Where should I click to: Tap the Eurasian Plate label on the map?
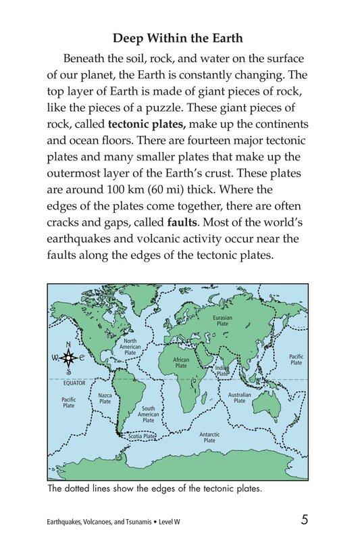(222, 320)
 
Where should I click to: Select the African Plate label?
(180, 364)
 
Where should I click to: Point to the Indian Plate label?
(222, 370)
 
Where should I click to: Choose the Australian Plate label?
(239, 397)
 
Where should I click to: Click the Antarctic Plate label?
(209, 437)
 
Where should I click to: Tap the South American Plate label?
(148, 414)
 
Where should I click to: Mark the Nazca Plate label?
(105, 398)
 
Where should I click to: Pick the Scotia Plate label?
(141, 437)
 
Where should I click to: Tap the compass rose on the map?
(68, 358)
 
